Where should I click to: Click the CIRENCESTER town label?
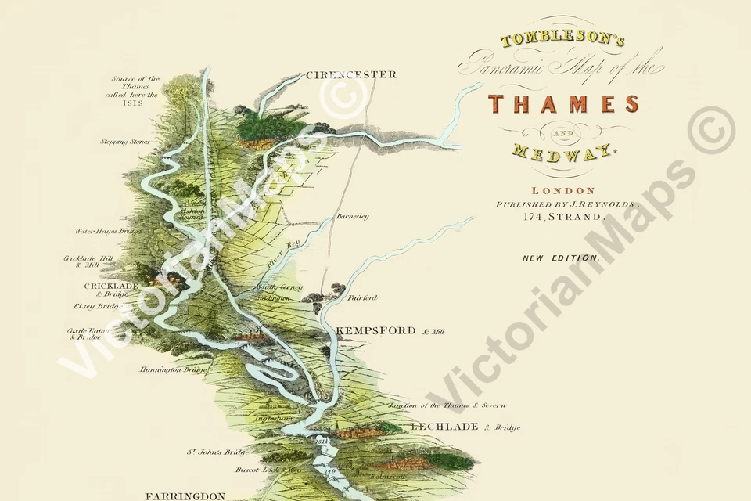[x=350, y=75]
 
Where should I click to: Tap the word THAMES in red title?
[x=563, y=103]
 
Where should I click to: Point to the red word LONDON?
[x=563, y=190]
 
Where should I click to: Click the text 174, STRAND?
[x=563, y=217]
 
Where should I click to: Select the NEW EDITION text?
[x=562, y=257]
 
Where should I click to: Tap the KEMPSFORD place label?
[x=375, y=331]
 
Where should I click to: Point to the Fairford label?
[x=361, y=298]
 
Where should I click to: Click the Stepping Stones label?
[x=124, y=142]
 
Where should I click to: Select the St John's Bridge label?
[x=217, y=452]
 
